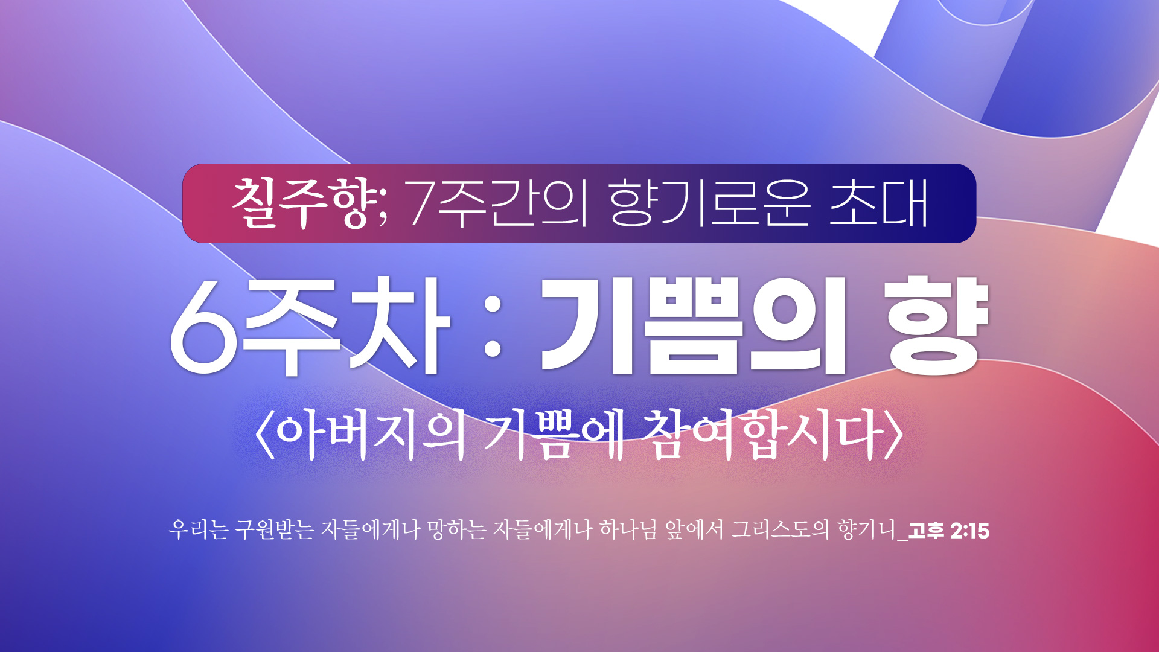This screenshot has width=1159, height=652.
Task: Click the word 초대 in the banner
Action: pyautogui.click(x=879, y=203)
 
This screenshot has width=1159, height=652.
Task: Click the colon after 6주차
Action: pyautogui.click(x=493, y=327)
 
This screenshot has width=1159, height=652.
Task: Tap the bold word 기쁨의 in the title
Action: pyautogui.click(x=693, y=327)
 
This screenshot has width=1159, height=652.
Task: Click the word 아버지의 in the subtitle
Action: pyautogui.click(x=371, y=434)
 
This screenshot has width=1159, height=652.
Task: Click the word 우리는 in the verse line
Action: pyautogui.click(x=198, y=529)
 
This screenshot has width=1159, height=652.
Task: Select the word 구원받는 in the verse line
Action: pyautogui.click(x=275, y=529)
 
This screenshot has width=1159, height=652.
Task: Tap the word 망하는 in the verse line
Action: pyautogui.click(x=456, y=529)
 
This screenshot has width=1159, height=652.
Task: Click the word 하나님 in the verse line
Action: pyautogui.click(x=628, y=529)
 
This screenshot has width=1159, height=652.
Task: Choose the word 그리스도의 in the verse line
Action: pyautogui.click(x=780, y=529)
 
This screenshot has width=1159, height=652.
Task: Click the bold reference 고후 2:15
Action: pyautogui.click(x=948, y=531)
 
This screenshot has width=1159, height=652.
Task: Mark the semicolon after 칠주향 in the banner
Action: pyautogui.click(x=383, y=211)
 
